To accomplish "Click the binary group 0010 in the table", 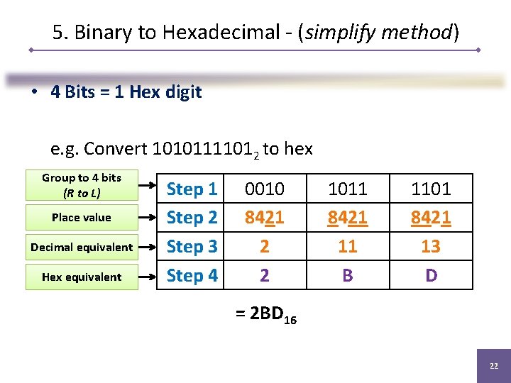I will pos(264,189).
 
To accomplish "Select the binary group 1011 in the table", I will pos(347,189).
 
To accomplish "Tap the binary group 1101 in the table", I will pos(431,189).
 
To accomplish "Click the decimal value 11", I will pos(347,246).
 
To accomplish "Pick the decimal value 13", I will pos(431,246).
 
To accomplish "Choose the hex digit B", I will pos(347,275).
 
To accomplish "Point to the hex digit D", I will pos(431,275).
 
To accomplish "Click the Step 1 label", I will pos(192,189).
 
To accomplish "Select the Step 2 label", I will pos(192,218).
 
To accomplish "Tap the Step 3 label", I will pos(192,247).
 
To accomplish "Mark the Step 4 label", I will pos(192,275).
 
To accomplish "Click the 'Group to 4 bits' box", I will pos(82,185).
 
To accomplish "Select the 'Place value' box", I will pos(82,218).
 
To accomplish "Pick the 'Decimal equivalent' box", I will pos(82,247).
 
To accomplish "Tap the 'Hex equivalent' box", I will pos(82,277).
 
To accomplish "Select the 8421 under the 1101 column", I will pos(431,218).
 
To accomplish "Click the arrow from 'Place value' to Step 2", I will pos(148,218).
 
